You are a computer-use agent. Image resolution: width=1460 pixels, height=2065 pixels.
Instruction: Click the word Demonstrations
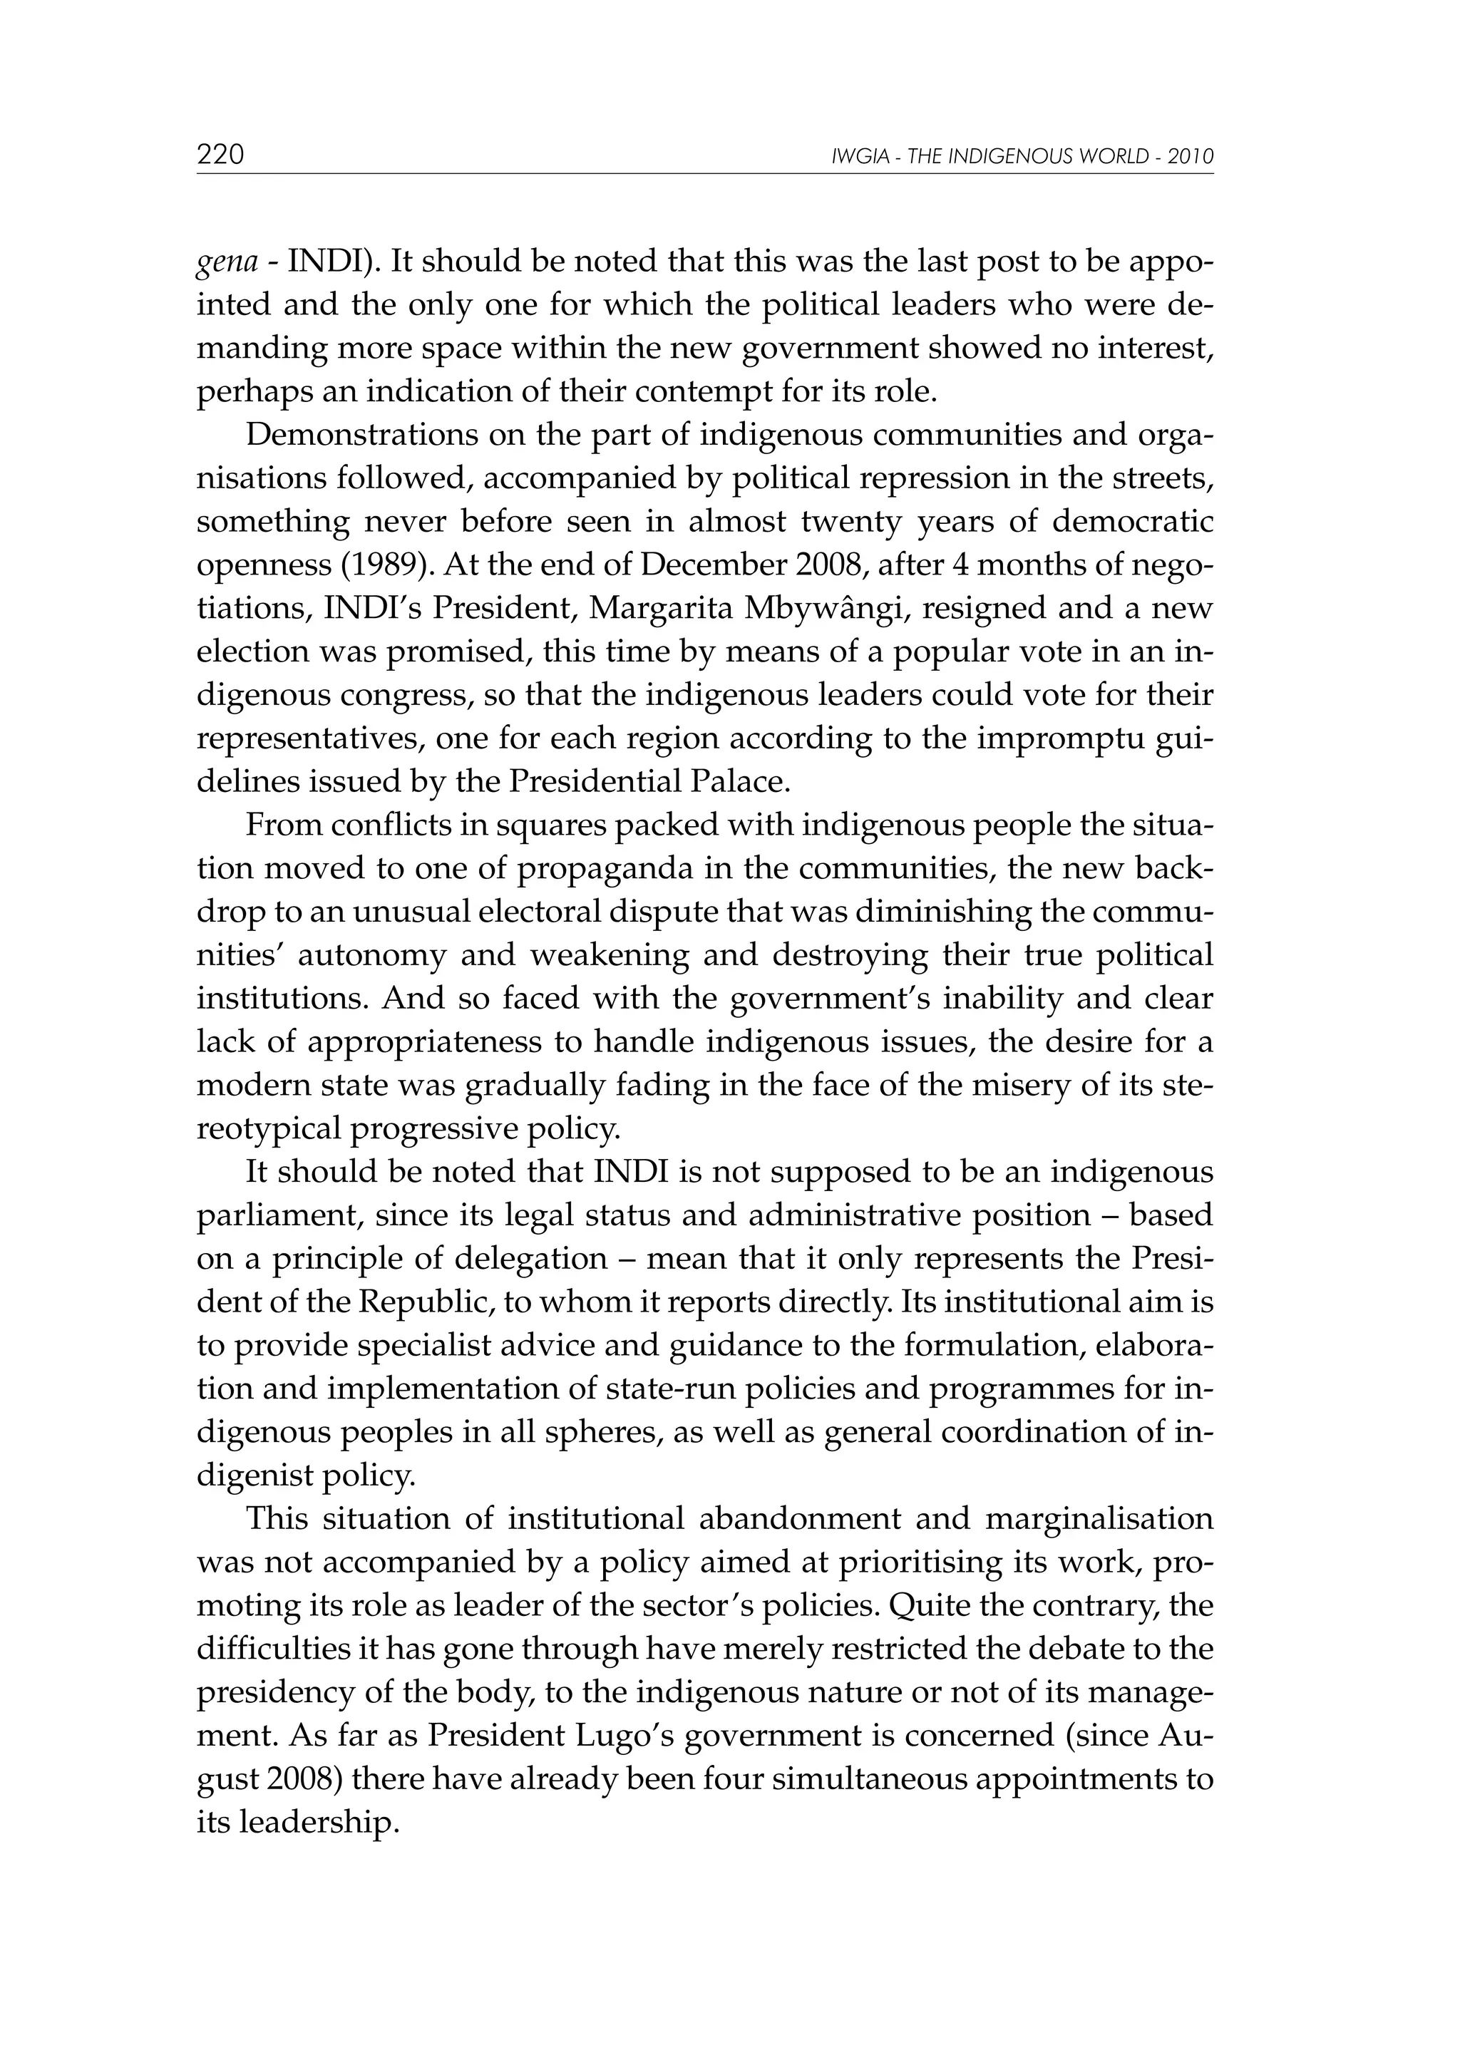(360, 434)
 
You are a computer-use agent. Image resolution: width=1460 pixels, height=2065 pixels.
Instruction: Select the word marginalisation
(1099, 1518)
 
